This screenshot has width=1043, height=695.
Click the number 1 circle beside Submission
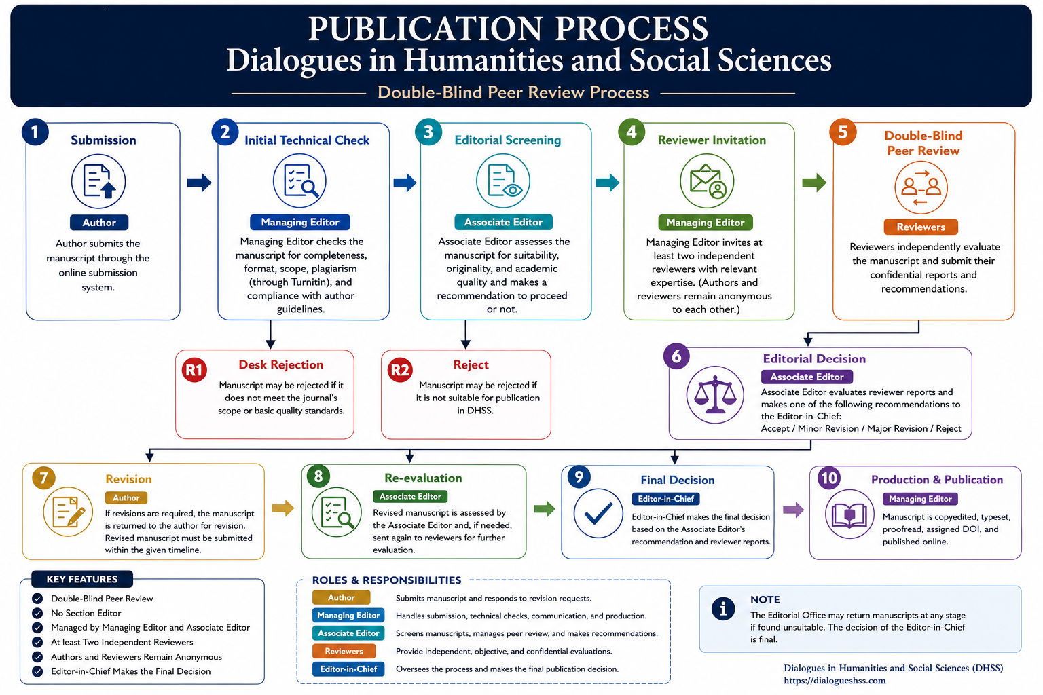tap(35, 132)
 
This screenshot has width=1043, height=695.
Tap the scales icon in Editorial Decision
tap(715, 395)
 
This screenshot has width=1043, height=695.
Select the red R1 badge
tap(194, 370)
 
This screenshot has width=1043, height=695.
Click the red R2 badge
tap(400, 370)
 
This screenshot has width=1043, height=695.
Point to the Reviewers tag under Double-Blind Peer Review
tap(921, 227)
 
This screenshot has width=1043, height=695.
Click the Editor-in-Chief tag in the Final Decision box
tap(665, 499)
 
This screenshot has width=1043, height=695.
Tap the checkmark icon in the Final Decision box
tap(598, 513)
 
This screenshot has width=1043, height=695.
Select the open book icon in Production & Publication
tap(849, 514)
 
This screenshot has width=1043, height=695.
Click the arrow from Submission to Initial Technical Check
tap(199, 182)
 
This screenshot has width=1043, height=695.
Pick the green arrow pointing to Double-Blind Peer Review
tap(814, 182)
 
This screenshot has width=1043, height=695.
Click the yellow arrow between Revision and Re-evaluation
tap(283, 508)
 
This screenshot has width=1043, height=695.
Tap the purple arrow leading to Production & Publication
tap(793, 510)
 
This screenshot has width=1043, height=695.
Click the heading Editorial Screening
tap(507, 140)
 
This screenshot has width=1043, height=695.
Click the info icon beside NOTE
tap(723, 609)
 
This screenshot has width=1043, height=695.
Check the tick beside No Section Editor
tap(38, 613)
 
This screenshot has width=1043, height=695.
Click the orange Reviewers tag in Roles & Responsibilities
tap(344, 651)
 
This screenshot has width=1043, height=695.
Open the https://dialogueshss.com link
tap(835, 681)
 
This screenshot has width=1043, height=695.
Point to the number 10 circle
tap(829, 478)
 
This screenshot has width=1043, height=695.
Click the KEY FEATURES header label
tap(82, 579)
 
